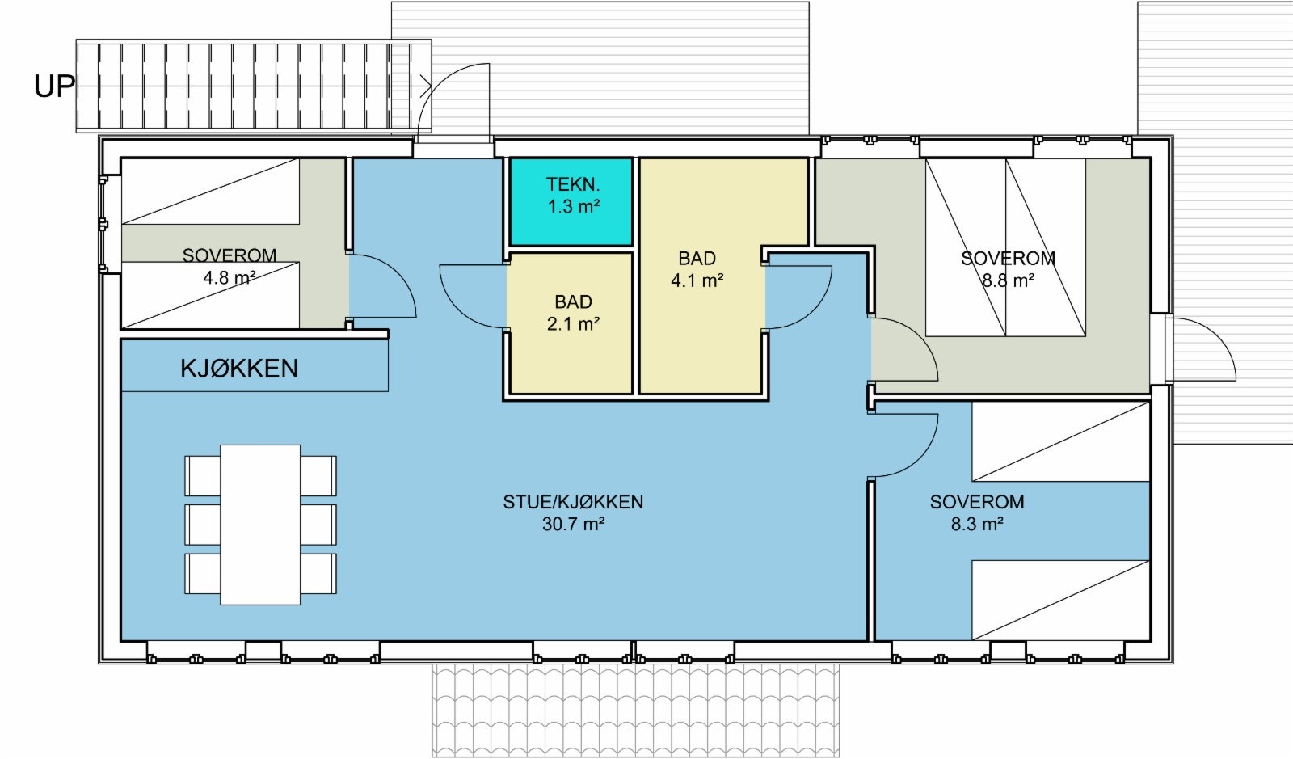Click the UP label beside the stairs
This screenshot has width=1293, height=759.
(x=54, y=86)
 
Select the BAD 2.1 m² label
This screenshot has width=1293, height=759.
(x=573, y=313)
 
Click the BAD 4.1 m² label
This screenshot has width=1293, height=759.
(x=697, y=269)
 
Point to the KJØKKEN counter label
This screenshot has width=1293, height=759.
(x=239, y=369)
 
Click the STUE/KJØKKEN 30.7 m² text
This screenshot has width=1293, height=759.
(x=573, y=512)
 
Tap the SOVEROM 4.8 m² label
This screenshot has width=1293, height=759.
(x=230, y=267)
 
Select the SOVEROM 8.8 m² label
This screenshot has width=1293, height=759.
(x=1008, y=269)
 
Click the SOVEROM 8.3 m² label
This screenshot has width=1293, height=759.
(x=976, y=512)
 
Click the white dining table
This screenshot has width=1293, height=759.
(x=260, y=524)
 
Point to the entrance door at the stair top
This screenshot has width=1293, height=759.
(x=459, y=101)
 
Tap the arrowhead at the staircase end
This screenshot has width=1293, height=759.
(x=425, y=85)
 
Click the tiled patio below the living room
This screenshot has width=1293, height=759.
(x=636, y=710)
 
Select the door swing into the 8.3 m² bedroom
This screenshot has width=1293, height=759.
(x=903, y=445)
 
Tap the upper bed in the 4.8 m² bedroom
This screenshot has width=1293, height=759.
(x=210, y=192)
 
